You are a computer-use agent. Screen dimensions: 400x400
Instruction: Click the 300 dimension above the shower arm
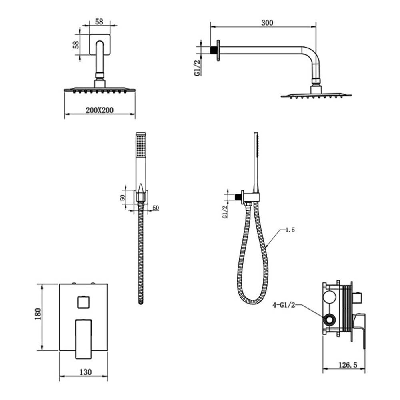[267, 23]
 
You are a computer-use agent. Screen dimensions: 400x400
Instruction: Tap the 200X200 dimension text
[100, 110]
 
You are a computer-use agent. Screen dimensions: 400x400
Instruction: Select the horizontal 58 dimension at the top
[99, 22]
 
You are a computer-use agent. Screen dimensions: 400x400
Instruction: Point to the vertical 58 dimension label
[76, 45]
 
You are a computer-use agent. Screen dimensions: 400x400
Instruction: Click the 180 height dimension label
[38, 314]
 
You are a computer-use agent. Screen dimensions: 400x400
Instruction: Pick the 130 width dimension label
[86, 372]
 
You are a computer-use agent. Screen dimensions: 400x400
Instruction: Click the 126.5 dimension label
[348, 365]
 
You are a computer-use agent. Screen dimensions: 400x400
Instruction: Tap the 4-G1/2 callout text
[284, 305]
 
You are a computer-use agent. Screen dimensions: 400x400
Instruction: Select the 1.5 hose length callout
[290, 230]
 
